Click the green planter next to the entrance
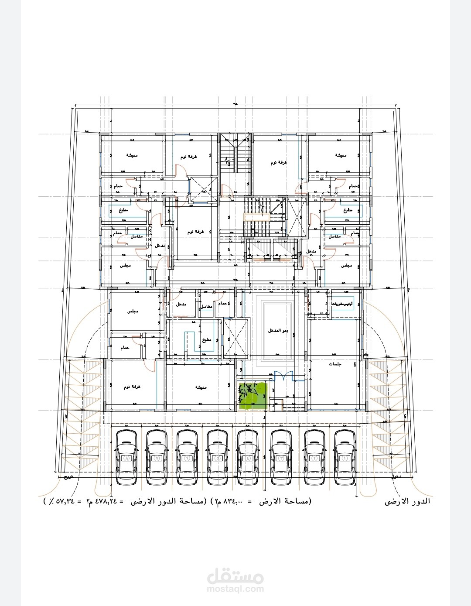point(252,395)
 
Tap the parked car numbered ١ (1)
point(345,458)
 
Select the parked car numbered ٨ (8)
point(127,458)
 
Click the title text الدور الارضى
point(407,502)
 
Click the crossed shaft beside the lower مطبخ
point(235,338)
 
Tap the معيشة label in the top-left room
point(132,155)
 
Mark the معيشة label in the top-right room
point(341,155)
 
